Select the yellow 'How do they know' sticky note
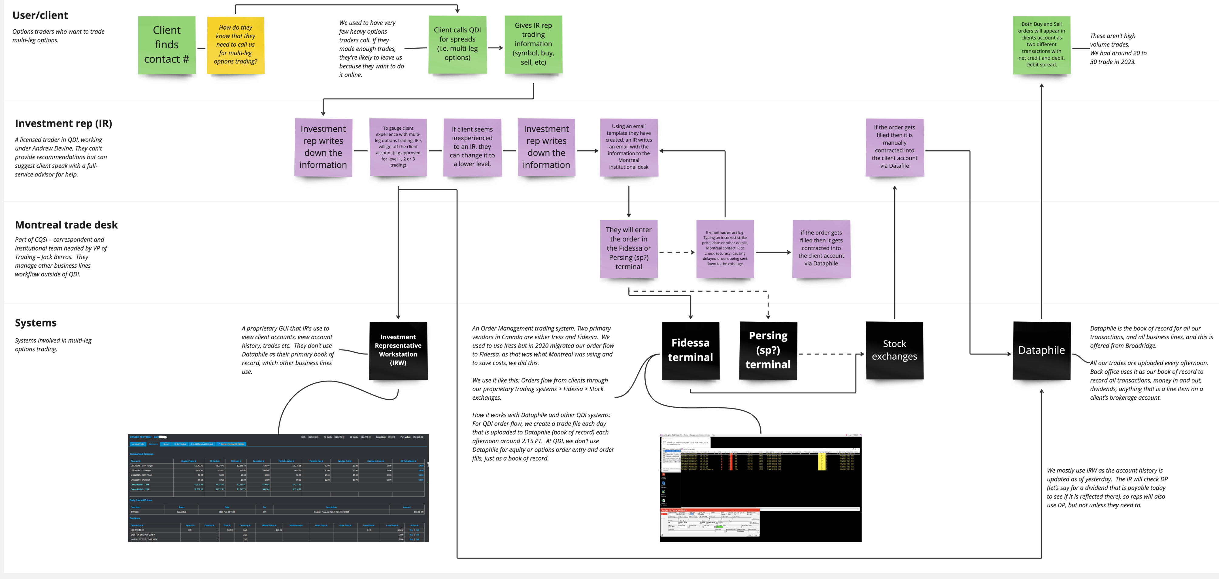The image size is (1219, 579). [235, 45]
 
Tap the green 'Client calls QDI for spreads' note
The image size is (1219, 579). [457, 44]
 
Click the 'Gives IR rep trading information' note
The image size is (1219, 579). [533, 44]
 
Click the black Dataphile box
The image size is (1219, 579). [1041, 350]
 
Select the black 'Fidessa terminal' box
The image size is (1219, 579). [691, 350]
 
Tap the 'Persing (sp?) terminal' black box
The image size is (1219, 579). [768, 350]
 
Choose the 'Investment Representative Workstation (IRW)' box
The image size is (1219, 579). [398, 350]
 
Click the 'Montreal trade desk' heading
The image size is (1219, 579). [66, 225]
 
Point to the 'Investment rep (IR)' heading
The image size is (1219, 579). [63, 124]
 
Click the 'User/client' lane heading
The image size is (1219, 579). [40, 15]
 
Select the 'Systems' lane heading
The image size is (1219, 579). [36, 323]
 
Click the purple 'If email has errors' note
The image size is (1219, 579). [725, 248]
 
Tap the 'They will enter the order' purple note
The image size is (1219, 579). [628, 248]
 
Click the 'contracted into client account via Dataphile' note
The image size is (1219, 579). [821, 248]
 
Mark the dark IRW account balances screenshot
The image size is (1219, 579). [278, 488]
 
